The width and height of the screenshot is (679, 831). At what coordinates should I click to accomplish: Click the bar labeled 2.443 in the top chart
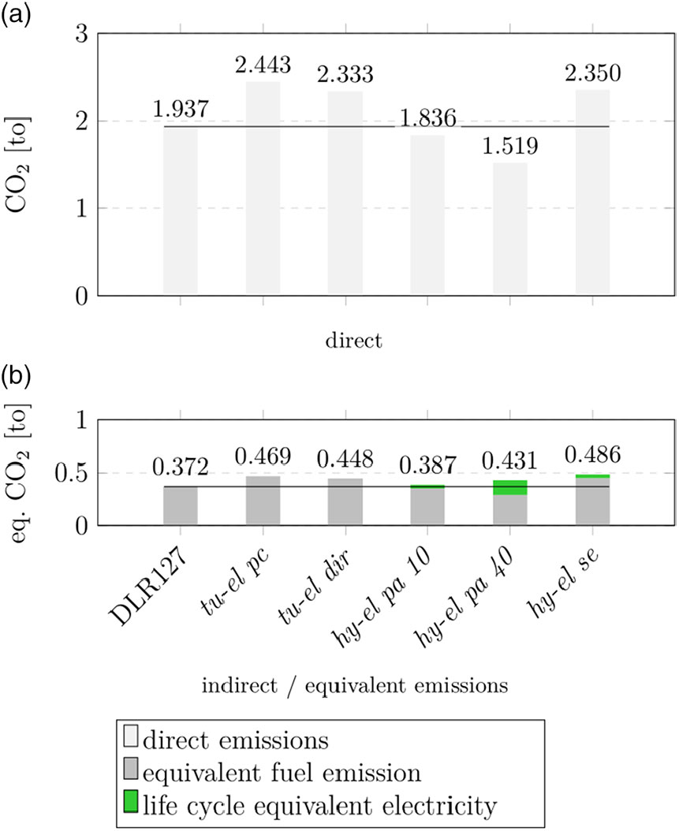[263, 188]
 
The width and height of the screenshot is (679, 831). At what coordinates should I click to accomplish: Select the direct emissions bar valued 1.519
[509, 229]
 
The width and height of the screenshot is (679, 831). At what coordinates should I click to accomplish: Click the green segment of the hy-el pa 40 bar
[509, 488]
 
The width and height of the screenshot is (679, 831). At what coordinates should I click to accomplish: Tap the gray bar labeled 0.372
[181, 505]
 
